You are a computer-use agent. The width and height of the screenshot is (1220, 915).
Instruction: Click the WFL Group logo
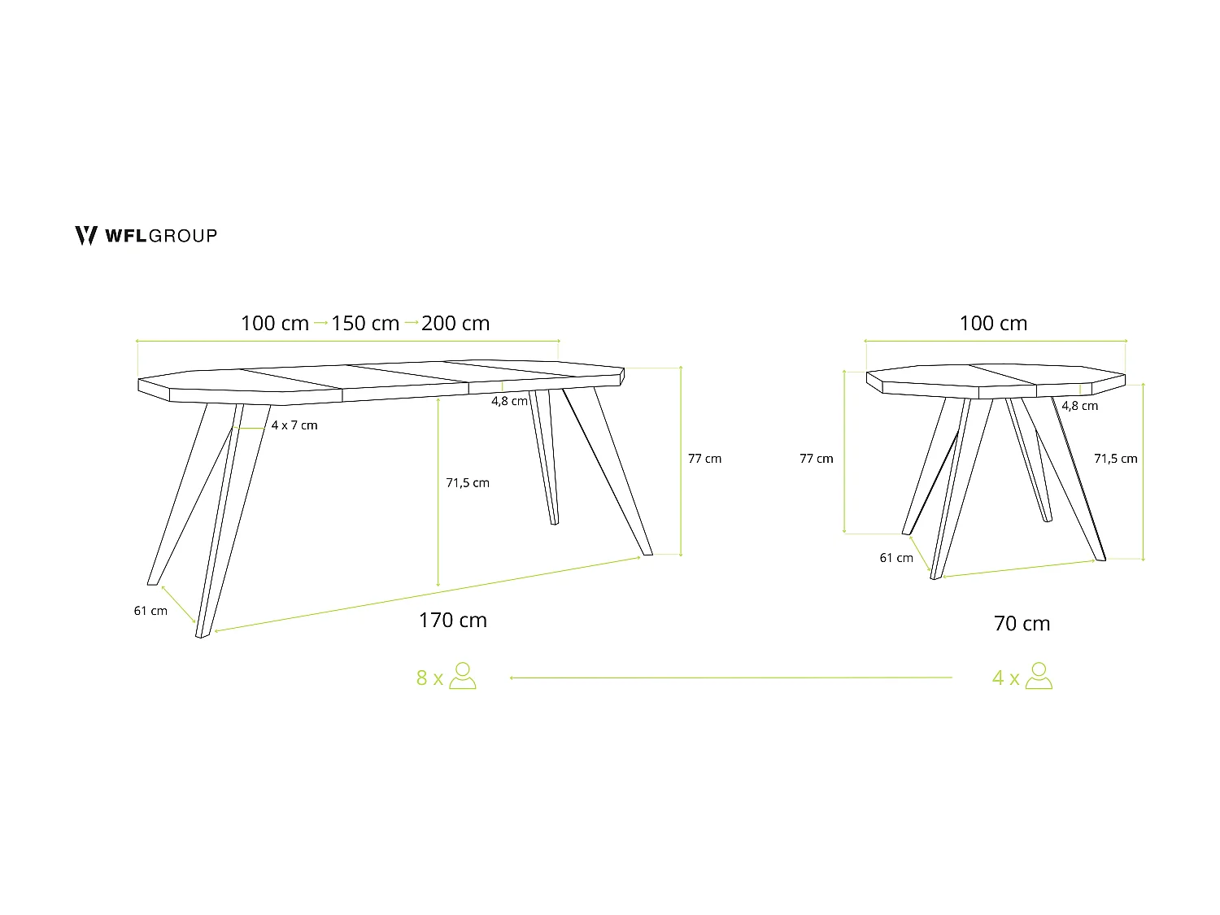click(146, 236)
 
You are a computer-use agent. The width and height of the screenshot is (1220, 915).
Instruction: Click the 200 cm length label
click(455, 324)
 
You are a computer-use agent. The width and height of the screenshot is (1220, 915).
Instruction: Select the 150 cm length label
click(365, 324)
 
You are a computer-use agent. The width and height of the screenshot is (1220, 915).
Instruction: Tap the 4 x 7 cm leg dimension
click(294, 425)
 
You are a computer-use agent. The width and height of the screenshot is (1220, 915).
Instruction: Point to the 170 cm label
click(453, 621)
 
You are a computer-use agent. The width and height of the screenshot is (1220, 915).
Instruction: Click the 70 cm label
click(1022, 624)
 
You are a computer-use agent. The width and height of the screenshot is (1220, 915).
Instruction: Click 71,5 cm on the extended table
click(468, 483)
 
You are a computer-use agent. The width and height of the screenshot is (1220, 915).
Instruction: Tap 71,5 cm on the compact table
click(1116, 459)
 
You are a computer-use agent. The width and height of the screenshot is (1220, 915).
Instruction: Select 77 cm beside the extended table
click(704, 459)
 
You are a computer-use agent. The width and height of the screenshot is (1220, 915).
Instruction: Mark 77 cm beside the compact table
click(817, 459)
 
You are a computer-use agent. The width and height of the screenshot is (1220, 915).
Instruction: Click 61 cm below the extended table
click(150, 611)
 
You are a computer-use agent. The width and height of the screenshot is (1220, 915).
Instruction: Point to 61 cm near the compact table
click(896, 558)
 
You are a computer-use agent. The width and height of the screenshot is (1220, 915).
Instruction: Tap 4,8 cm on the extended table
click(509, 401)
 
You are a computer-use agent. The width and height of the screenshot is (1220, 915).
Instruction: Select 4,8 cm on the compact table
click(1079, 406)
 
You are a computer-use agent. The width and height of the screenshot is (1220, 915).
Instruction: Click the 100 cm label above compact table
click(993, 324)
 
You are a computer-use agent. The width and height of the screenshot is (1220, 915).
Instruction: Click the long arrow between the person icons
click(730, 677)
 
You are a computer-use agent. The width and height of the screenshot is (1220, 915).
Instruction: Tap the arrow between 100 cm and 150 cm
click(320, 323)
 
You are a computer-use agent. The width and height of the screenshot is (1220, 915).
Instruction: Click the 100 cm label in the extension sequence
click(275, 324)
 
